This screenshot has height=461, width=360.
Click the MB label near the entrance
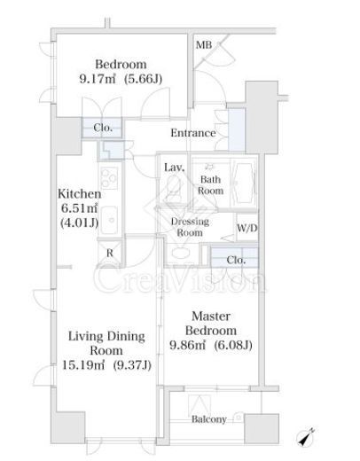(x=204, y=45)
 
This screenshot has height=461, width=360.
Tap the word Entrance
(x=193, y=133)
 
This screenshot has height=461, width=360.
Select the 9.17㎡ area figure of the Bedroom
(x=98, y=79)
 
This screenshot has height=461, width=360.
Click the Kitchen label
(x=79, y=194)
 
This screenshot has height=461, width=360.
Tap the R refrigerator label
(x=110, y=253)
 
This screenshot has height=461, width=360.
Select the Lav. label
(x=175, y=168)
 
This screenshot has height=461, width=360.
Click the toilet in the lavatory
(x=174, y=188)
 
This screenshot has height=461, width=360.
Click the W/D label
(x=247, y=228)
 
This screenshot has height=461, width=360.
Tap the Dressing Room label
(x=190, y=227)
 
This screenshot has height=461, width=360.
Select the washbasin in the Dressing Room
(x=180, y=254)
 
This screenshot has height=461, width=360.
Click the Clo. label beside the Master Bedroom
(x=236, y=260)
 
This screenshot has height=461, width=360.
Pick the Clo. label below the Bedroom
(x=103, y=128)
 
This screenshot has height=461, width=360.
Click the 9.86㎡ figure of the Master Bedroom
(x=187, y=345)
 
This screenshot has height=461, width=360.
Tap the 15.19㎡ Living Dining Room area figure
(x=83, y=365)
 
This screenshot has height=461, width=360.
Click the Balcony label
(x=209, y=419)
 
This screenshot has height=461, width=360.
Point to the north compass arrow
(x=306, y=437)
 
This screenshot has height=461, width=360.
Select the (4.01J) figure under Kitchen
(x=79, y=223)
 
